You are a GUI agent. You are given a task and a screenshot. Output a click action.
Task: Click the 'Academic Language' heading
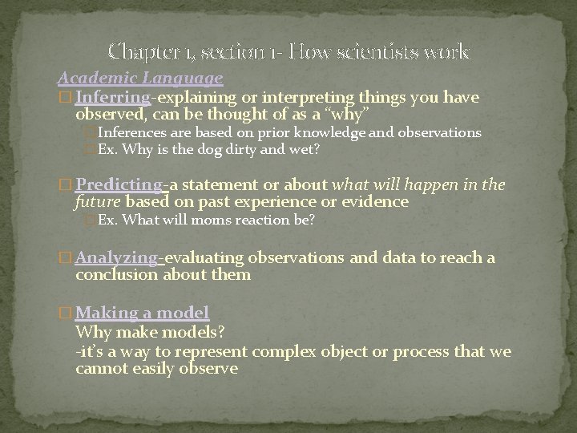[140, 79]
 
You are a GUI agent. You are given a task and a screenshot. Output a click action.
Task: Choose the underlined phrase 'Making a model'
[143, 313]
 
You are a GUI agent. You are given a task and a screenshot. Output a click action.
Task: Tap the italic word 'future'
[98, 202]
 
